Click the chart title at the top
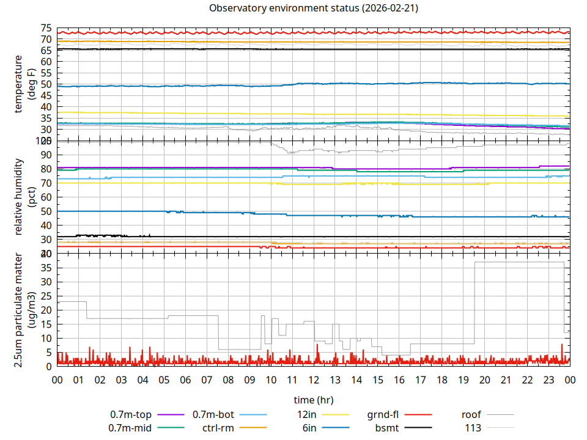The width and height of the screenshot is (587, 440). (x=314, y=8)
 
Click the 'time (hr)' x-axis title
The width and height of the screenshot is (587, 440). (x=314, y=400)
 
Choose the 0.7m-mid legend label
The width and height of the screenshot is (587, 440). (x=130, y=428)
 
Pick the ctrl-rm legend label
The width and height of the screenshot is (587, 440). (x=218, y=428)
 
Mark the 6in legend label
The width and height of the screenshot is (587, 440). (x=309, y=428)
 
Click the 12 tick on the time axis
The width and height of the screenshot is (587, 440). (x=314, y=380)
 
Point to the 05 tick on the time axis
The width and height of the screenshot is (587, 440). (x=164, y=380)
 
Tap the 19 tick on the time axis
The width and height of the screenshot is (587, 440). (x=463, y=380)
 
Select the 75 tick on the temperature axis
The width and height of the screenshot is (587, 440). (x=46, y=28)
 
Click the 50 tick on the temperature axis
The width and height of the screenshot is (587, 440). (x=46, y=84)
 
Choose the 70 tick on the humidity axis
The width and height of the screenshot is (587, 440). (x=46, y=183)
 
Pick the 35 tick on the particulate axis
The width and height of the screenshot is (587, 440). (x=46, y=268)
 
